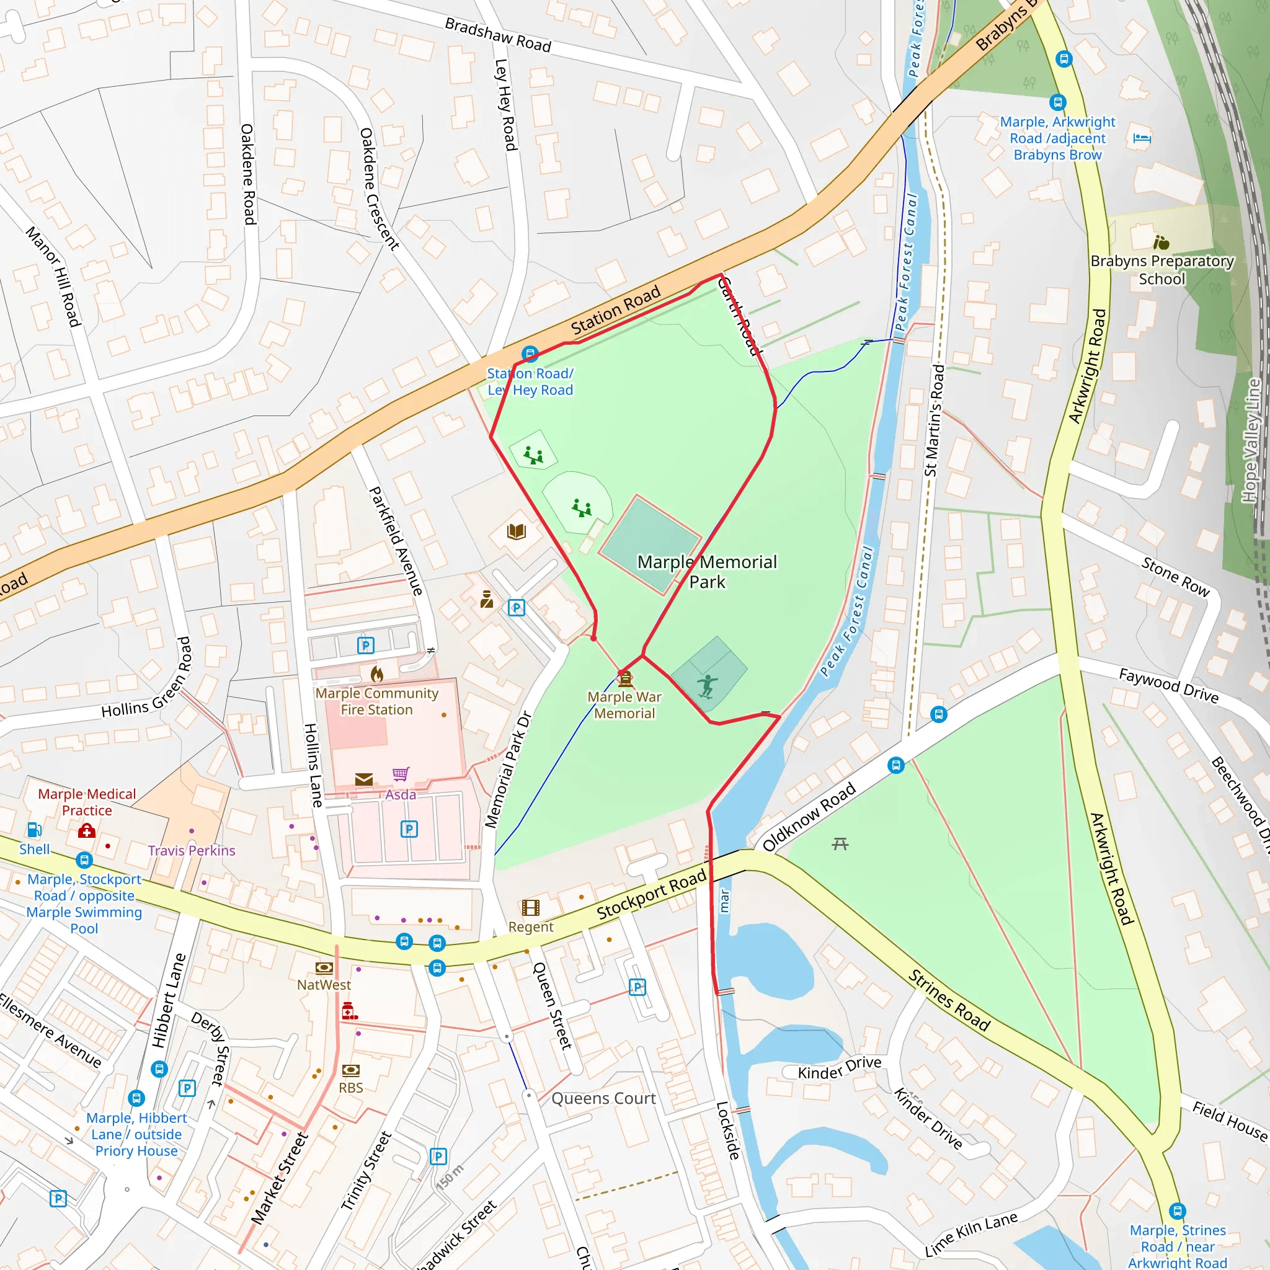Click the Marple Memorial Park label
coord(707,571)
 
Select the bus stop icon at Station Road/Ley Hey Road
coord(530,354)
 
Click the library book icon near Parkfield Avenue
coord(517,531)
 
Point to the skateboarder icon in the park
coord(707,686)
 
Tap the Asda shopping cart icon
coord(401,774)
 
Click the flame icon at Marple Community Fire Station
coord(376,674)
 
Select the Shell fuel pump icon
coord(34,830)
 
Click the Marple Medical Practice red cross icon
coord(87,832)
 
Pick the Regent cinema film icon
coord(530,908)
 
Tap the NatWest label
coord(324,985)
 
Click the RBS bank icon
coord(350,1070)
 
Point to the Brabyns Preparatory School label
coord(1161,270)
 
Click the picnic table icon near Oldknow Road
coord(840,843)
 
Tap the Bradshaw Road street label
coord(497,35)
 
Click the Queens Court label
coord(603,1098)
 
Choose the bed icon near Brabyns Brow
coord(1142,139)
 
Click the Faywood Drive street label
coord(1168,686)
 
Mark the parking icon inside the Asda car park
coord(409,829)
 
